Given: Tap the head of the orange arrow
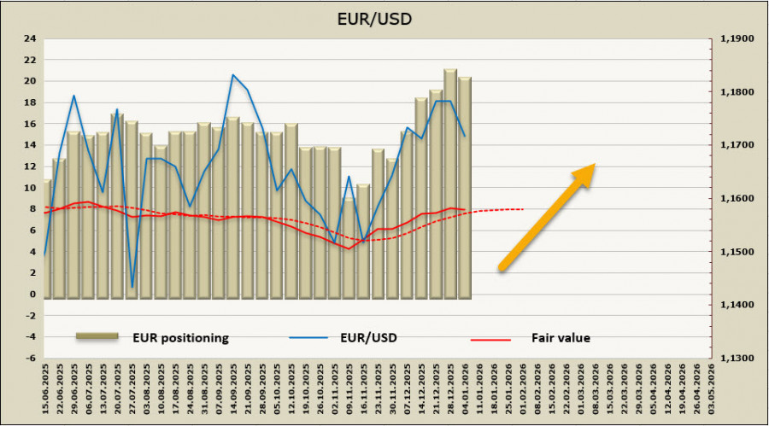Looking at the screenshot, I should (x=584, y=172).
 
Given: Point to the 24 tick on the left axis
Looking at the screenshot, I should (x=30, y=38).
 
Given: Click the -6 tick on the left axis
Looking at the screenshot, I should (x=30, y=359).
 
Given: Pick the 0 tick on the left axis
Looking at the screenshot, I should (x=32, y=295).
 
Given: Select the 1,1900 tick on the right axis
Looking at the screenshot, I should (x=737, y=38).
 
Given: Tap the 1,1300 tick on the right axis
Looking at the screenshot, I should (x=737, y=359).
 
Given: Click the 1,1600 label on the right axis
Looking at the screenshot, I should (x=737, y=199).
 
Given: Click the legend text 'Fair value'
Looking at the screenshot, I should (x=561, y=337).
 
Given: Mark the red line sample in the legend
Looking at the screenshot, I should (x=490, y=338).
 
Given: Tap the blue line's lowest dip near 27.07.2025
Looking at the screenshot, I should (x=132, y=287).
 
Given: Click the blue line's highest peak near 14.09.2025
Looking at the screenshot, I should (x=232, y=74).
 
